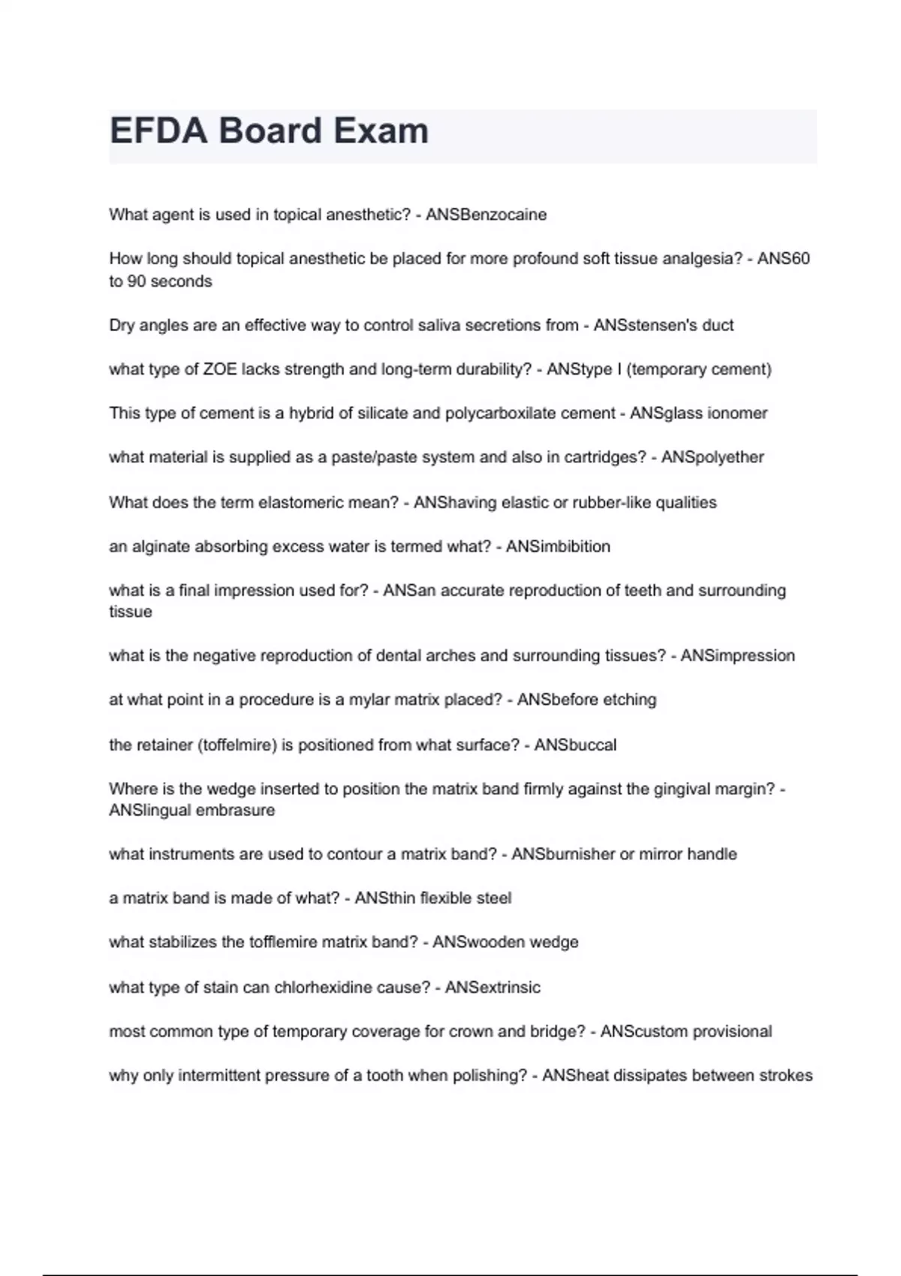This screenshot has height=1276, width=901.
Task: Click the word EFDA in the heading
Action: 158,131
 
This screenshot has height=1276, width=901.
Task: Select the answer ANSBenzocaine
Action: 486,215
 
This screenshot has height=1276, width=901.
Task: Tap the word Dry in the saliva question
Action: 121,325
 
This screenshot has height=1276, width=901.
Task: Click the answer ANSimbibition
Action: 558,546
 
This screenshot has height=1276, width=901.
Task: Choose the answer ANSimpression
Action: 737,655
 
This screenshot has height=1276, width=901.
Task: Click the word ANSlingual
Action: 149,811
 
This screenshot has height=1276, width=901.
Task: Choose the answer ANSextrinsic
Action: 493,987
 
